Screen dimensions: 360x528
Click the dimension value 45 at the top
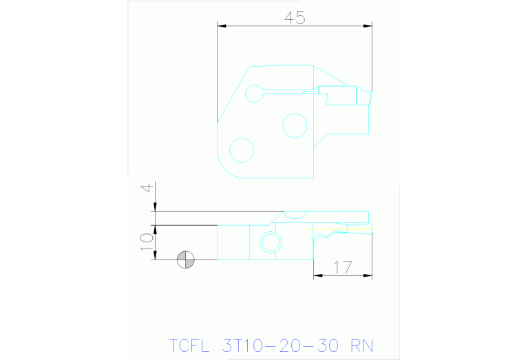point(295,18)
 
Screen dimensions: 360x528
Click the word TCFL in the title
point(188,344)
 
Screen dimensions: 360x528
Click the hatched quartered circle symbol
point(186,260)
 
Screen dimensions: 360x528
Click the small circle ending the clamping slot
point(255,93)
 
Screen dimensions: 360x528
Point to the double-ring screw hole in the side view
point(269,242)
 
